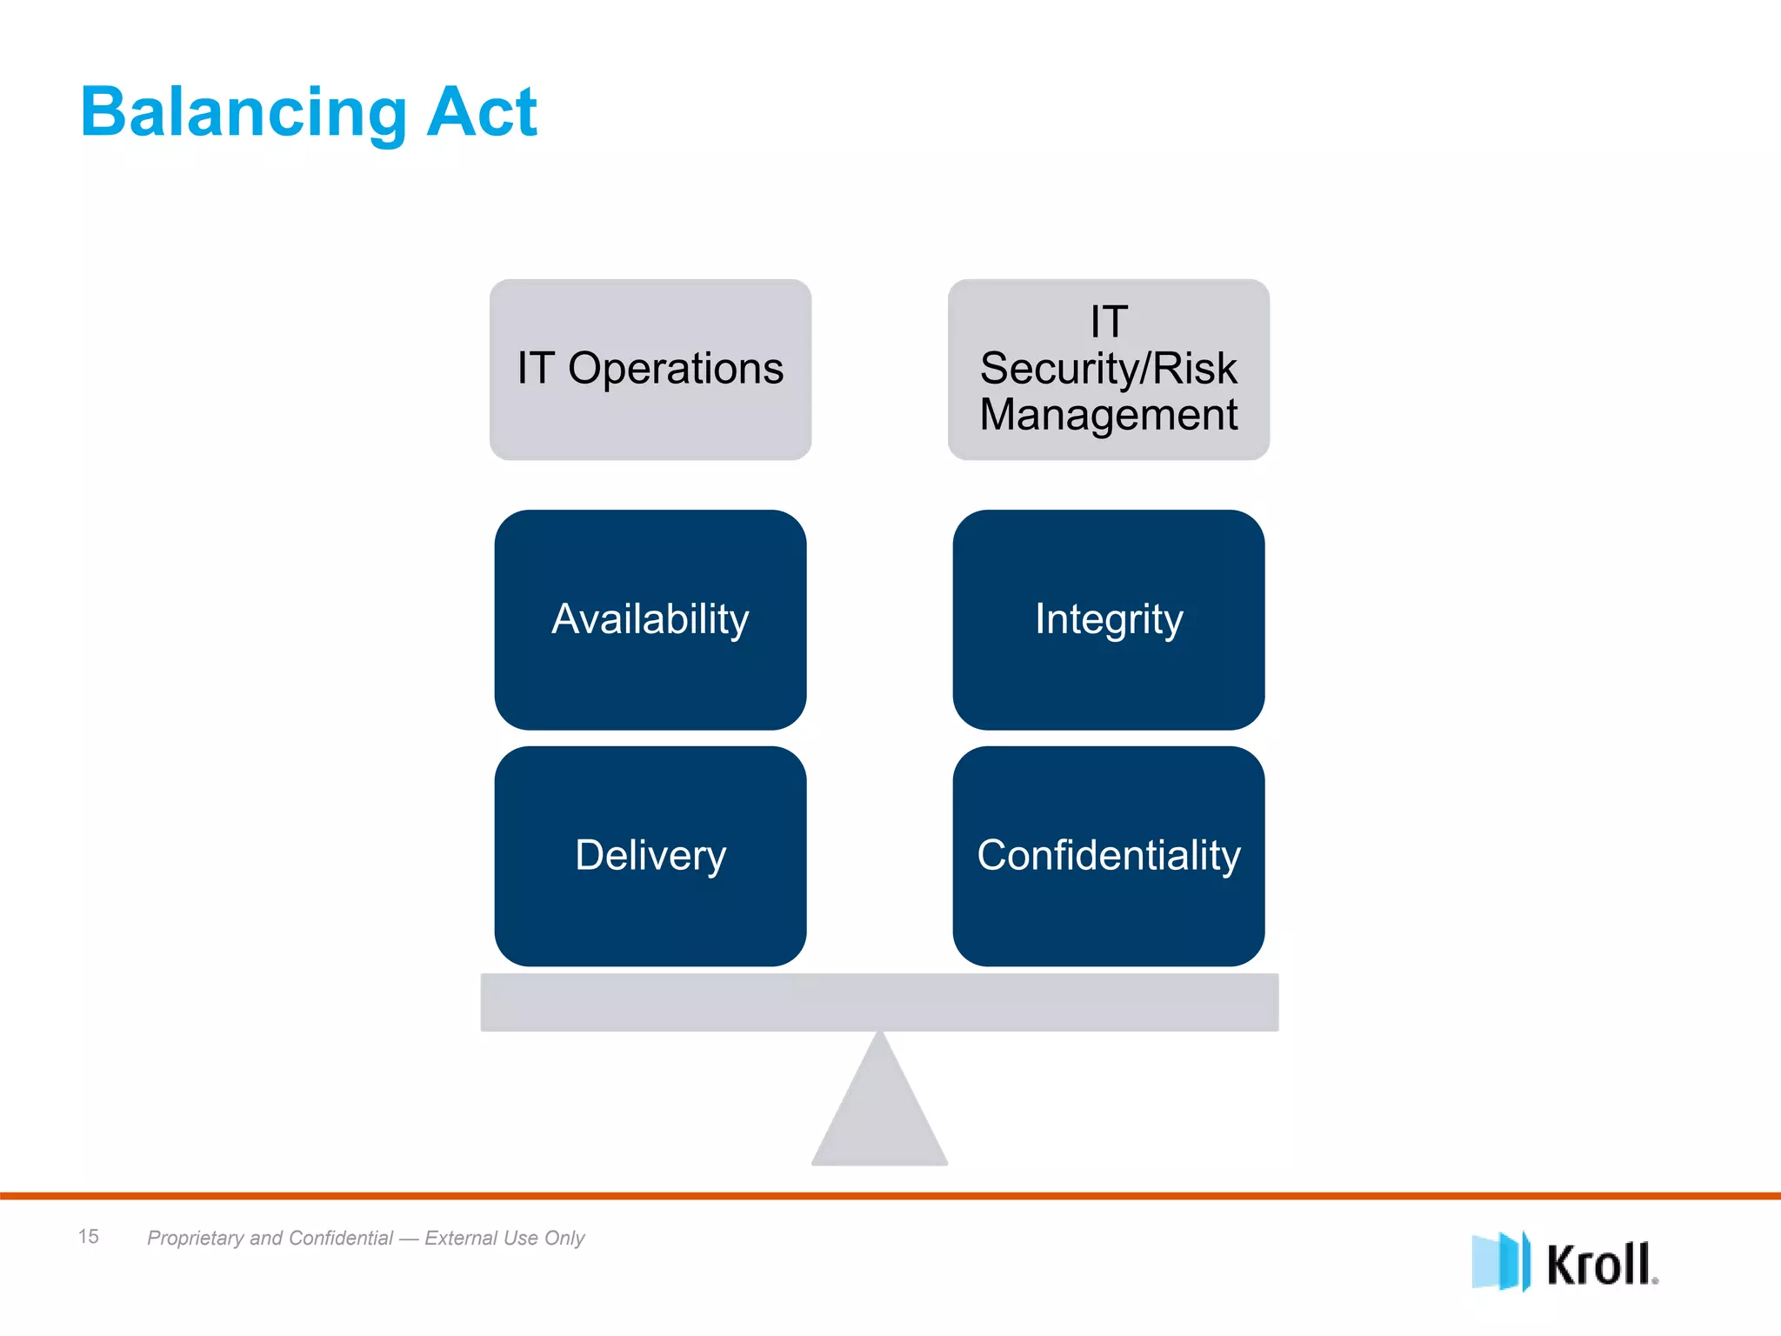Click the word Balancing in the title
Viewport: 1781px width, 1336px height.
(243, 113)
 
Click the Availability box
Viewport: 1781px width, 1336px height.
(650, 619)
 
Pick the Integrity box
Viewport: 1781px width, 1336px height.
(1109, 619)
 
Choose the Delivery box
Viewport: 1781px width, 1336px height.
(650, 856)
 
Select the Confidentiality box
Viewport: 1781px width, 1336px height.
(1109, 856)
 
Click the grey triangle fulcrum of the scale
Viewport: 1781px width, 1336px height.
(880, 1113)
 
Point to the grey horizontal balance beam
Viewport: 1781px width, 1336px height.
(880, 1002)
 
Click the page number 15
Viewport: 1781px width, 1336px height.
(89, 1236)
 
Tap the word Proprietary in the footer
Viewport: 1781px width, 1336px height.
(196, 1238)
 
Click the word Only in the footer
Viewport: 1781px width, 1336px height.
(564, 1238)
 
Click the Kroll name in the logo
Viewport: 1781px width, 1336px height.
(1600, 1264)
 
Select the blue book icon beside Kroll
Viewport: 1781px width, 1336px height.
(1500, 1261)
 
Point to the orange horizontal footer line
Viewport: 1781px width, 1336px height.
(890, 1196)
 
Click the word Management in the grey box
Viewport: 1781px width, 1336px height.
(1109, 414)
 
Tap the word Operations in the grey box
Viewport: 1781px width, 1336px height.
(676, 368)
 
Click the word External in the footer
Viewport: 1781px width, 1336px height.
(460, 1238)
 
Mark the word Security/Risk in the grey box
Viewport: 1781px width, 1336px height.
(1109, 368)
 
